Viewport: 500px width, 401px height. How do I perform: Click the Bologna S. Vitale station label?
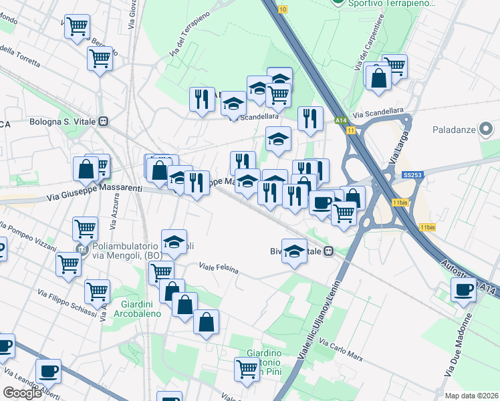pos(64,122)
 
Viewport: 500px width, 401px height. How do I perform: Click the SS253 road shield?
pos(412,175)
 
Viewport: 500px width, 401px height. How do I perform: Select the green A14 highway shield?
pos(340,120)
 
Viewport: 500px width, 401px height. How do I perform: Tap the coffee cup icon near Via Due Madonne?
pos(463,291)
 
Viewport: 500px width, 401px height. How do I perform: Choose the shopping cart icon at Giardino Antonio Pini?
pos(247,368)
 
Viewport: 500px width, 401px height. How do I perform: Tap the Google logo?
pos(22,393)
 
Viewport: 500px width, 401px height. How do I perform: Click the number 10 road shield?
pos(283,9)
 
